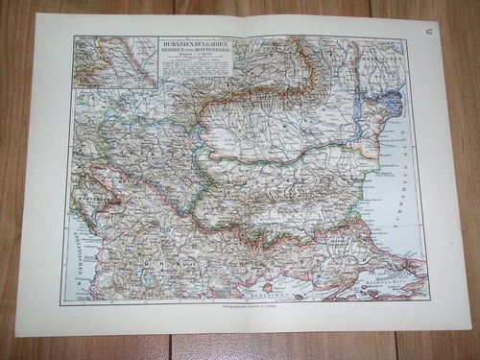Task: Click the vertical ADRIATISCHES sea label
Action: [x=75, y=253]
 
